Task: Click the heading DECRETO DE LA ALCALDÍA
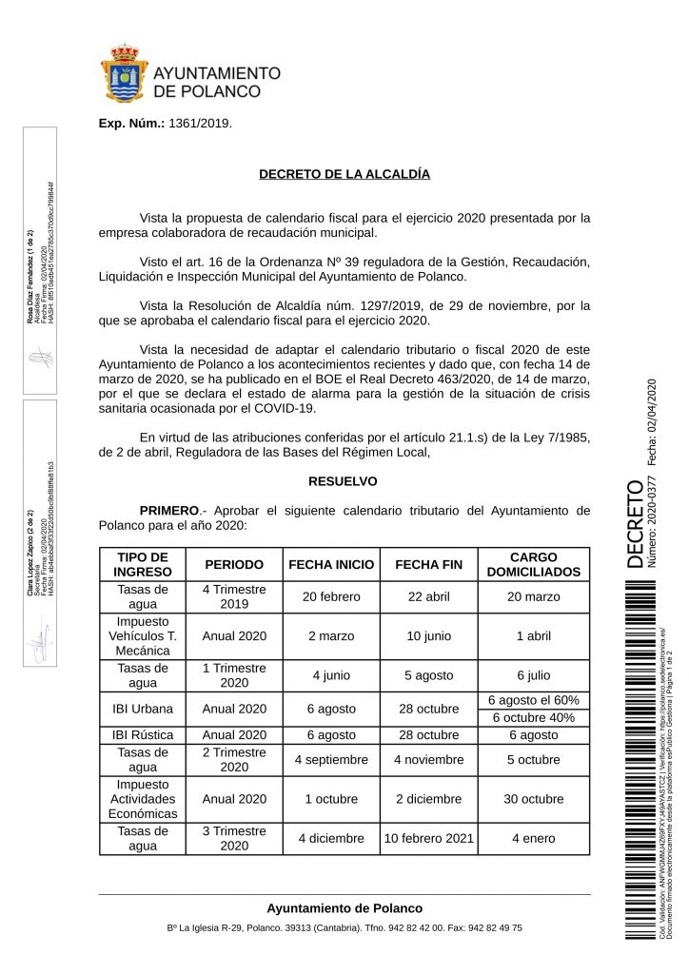click(344, 175)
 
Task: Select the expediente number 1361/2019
click(199, 124)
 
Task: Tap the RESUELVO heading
click(344, 481)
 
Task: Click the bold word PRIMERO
click(169, 511)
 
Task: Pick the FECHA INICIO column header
click(331, 564)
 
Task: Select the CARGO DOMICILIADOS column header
click(533, 564)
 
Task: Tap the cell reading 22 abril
click(427, 596)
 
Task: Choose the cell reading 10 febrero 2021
click(427, 838)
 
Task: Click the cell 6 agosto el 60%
click(533, 700)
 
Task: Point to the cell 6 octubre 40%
click(533, 717)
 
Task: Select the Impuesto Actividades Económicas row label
click(142, 799)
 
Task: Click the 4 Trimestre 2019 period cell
click(234, 596)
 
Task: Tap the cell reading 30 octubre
click(533, 799)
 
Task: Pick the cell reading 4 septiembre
click(331, 760)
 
